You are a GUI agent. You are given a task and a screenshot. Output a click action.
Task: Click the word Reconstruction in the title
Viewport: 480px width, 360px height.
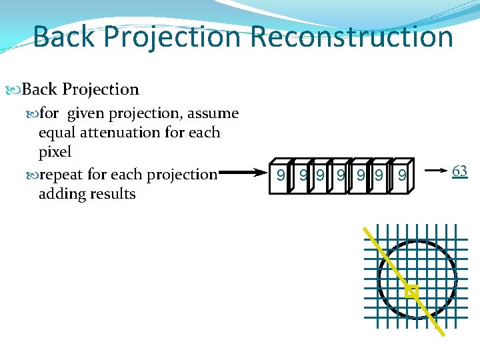pos(352,36)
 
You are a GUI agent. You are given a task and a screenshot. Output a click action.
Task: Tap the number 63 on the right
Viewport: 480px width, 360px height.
pos(459,171)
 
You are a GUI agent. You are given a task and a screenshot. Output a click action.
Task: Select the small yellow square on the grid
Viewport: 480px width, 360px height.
pos(411,291)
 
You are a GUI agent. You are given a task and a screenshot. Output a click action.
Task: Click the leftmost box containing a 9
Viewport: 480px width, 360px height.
pos(281,176)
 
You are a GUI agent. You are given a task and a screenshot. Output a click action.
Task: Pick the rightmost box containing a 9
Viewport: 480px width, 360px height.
pos(401,176)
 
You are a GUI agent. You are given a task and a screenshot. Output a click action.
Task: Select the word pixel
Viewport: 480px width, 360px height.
pos(55,152)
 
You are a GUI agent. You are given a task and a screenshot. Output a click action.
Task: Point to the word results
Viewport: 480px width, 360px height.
pos(113,195)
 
